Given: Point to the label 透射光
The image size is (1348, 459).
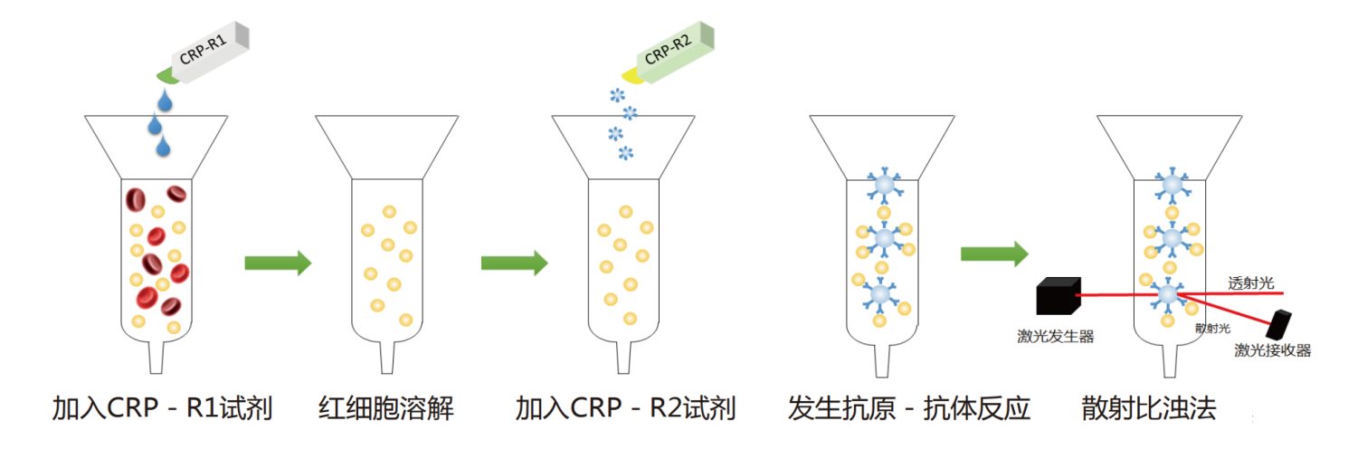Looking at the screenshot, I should (1251, 283).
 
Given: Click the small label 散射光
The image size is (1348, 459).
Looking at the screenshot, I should (1211, 328).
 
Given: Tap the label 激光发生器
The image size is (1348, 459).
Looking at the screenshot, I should (1056, 337).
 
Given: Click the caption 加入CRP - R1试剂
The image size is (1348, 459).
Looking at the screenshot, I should (163, 409).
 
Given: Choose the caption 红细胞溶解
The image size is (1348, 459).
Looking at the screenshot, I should (386, 409).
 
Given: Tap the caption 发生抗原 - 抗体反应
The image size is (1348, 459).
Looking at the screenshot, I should (909, 409).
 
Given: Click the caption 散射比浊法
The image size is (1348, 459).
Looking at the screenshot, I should (1149, 409).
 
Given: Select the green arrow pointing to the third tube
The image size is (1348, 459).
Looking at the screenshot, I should (514, 263).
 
